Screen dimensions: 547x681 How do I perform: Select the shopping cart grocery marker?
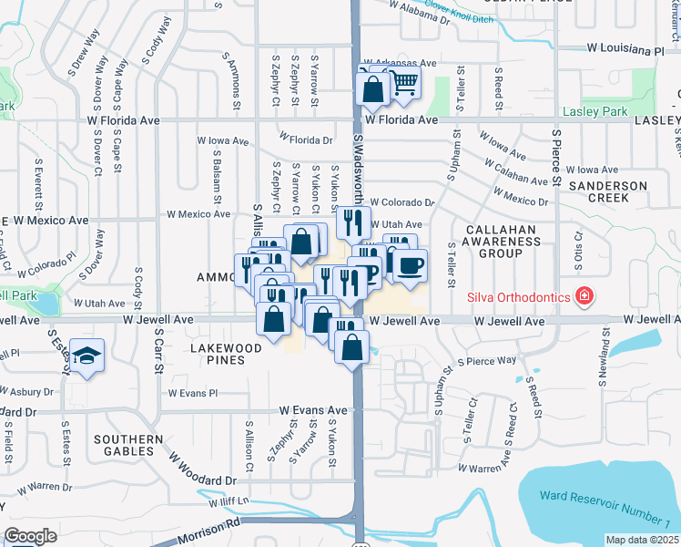403,84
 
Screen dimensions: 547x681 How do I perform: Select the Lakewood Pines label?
227,354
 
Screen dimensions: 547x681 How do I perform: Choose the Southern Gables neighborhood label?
128,445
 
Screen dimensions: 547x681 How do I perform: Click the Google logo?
31,536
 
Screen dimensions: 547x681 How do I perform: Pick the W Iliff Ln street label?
229,502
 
